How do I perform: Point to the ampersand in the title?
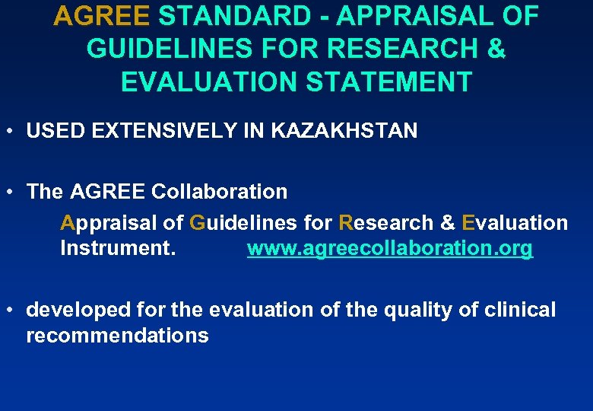pos(495,49)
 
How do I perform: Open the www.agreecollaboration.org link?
pos(390,249)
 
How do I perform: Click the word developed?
pos(74,311)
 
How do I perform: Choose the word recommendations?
pos(117,336)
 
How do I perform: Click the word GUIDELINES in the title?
pos(170,49)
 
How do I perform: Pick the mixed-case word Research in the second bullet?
pos(385,223)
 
